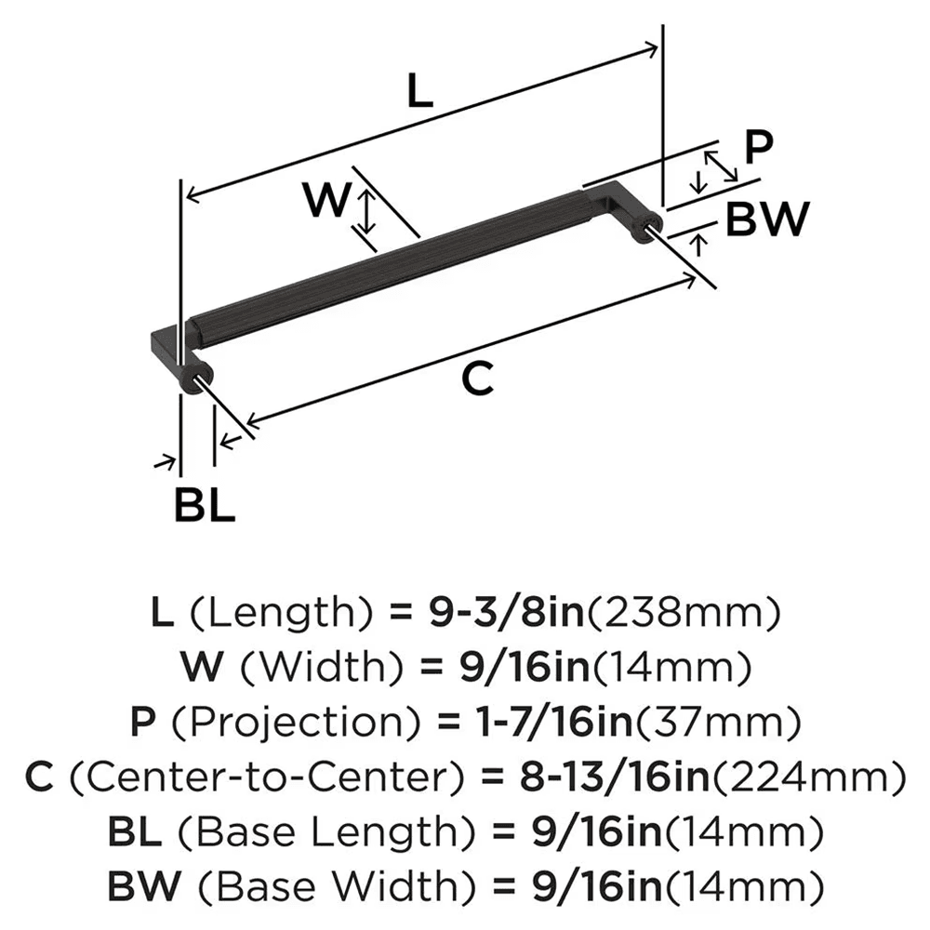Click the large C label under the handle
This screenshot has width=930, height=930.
point(475,379)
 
